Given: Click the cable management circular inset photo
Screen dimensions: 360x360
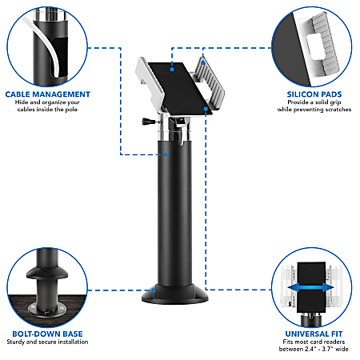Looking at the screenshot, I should click(45, 45).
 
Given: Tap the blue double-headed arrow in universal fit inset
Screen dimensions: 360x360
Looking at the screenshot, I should click(310, 286).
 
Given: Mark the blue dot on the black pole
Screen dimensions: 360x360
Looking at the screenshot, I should click(165, 154).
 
